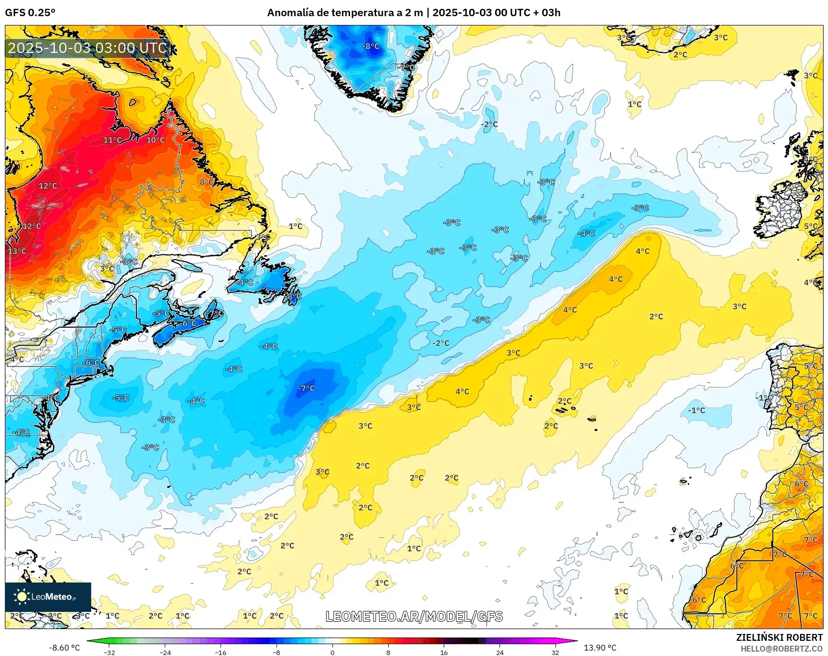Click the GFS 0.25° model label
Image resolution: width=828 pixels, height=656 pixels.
click(x=30, y=12)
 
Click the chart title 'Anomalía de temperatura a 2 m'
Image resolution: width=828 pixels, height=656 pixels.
click(x=345, y=12)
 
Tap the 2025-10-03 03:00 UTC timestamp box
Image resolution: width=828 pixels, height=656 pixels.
click(x=87, y=48)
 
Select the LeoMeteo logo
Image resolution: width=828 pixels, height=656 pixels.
click(x=48, y=597)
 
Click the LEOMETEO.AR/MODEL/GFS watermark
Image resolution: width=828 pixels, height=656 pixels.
click(x=414, y=616)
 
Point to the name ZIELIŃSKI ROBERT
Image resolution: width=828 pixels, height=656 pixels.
click(x=779, y=637)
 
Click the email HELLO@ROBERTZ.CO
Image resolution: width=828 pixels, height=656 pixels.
click(x=781, y=649)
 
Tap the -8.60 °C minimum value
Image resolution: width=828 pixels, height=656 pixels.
click(x=64, y=648)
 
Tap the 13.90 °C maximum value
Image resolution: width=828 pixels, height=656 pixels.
click(x=600, y=648)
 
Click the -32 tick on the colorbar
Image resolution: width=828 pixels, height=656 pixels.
click(x=110, y=652)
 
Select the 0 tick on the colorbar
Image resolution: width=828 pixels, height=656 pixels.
click(x=332, y=652)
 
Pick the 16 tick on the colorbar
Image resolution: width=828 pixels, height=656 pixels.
click(x=444, y=652)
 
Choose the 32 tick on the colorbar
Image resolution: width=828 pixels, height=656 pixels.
click(x=555, y=652)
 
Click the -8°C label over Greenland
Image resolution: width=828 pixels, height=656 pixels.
click(x=371, y=46)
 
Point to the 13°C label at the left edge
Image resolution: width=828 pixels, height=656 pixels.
click(x=17, y=251)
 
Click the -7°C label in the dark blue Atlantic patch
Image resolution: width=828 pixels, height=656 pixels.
click(x=306, y=388)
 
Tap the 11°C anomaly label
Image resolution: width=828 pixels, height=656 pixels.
click(x=112, y=140)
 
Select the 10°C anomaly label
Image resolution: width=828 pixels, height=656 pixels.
click(x=155, y=140)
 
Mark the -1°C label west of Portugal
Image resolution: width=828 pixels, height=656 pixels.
click(x=696, y=410)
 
